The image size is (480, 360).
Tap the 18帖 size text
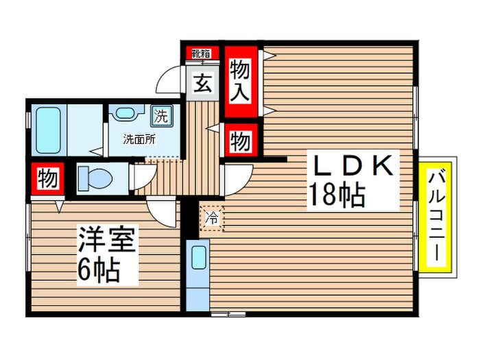[335, 196]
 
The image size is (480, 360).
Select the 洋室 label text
[106, 241]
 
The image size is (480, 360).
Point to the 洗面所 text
[139, 139]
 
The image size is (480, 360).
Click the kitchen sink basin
[199, 258]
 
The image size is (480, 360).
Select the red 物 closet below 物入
[239, 142]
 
